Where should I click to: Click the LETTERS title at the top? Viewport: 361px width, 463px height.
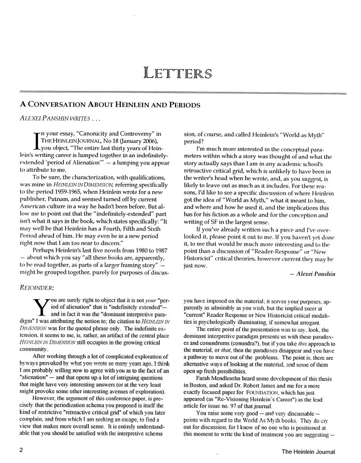(177, 71)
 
